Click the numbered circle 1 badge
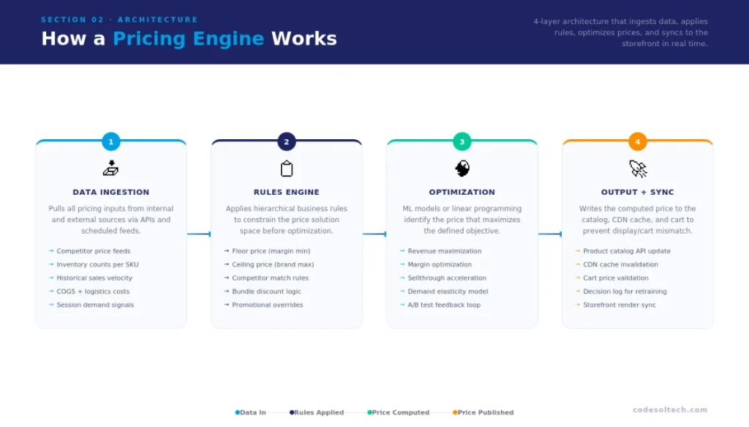111,142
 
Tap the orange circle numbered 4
637,142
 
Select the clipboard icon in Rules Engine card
287,169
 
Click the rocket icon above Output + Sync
638,169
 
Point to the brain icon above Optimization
462,169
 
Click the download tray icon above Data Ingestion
111,168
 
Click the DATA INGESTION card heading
111,192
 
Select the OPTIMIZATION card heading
462,192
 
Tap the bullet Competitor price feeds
94,251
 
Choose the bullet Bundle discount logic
266,292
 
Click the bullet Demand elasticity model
448,292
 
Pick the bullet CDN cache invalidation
620,264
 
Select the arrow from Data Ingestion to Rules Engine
199,234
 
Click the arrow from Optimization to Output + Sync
550,234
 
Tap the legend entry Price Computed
399,412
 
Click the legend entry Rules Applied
317,412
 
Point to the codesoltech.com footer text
670,410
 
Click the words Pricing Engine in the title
188,39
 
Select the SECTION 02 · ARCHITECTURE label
119,20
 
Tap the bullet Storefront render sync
620,305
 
